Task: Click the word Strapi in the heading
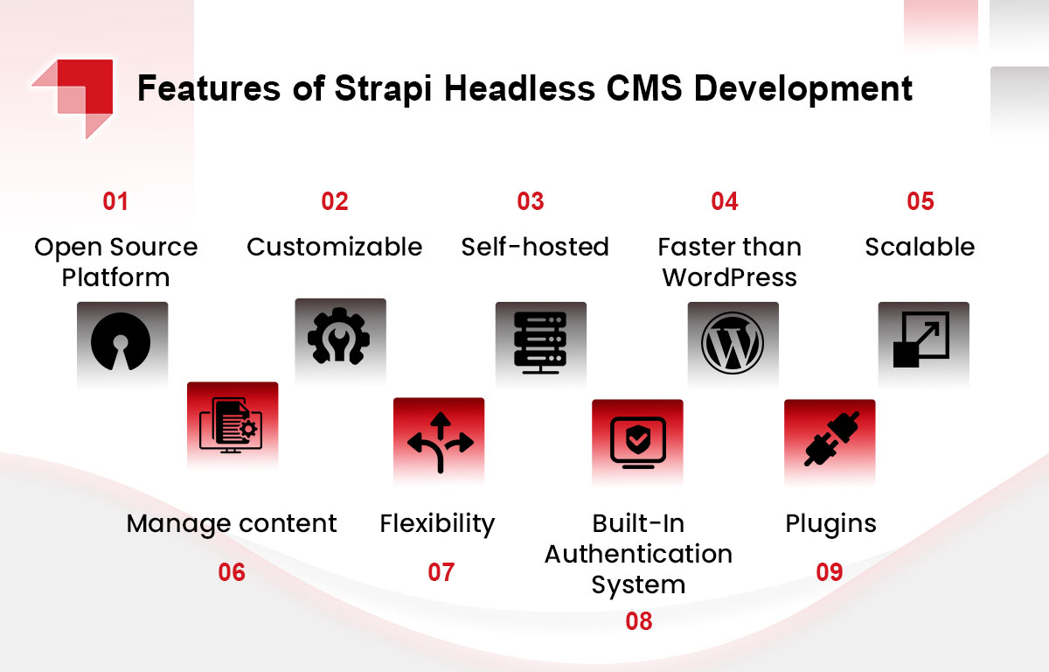383,89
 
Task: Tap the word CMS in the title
644,87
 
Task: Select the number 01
115,201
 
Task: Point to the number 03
530,201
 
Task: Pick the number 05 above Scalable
920,201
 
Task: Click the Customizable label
334,247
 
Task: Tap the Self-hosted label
535,247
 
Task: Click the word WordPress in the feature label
729,277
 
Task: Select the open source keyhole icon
121,341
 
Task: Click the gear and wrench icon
338,335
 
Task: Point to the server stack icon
540,342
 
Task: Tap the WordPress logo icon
733,343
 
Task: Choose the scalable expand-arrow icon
921,339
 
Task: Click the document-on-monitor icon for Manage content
231,425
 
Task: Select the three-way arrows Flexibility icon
441,443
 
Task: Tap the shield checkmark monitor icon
638,443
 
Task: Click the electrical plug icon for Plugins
831,439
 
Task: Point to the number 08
639,621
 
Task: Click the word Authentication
638,554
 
